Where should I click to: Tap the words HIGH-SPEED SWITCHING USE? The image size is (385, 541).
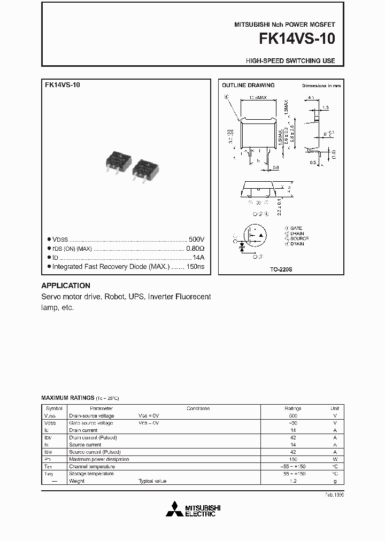pyautogui.click(x=290, y=61)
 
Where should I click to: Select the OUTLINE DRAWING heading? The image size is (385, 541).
pyautogui.click(x=248, y=85)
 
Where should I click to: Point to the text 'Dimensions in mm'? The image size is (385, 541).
pyautogui.click(x=321, y=86)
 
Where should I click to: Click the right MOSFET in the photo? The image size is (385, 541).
pyautogui.click(x=147, y=169)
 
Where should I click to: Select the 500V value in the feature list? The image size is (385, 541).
pyautogui.click(x=196, y=239)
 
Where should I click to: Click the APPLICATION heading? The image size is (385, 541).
pyautogui.click(x=66, y=285)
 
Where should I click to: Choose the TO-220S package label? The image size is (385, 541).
pyautogui.click(x=280, y=269)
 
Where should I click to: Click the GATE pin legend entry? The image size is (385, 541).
pyautogui.click(x=295, y=228)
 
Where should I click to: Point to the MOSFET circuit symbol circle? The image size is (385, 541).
pyautogui.click(x=253, y=237)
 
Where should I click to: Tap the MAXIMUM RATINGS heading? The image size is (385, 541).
pyautogui.click(x=67, y=398)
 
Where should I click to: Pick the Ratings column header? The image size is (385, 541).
pyautogui.click(x=292, y=408)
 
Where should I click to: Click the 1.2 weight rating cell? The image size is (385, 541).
pyautogui.click(x=292, y=481)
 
